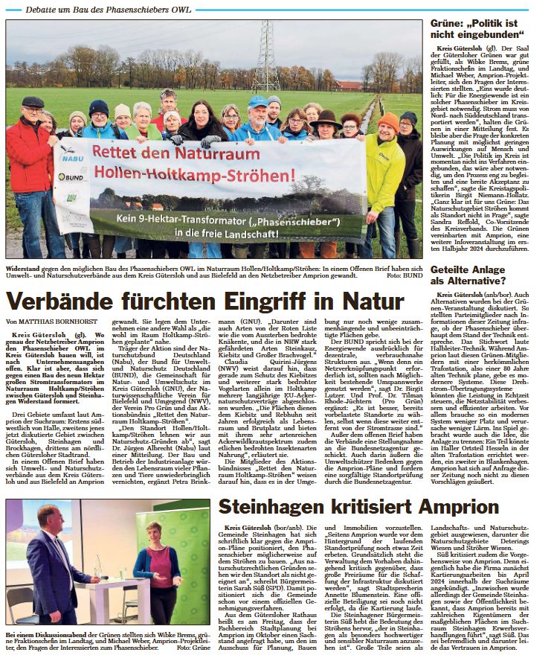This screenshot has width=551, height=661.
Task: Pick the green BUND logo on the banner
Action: [x=71, y=178]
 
